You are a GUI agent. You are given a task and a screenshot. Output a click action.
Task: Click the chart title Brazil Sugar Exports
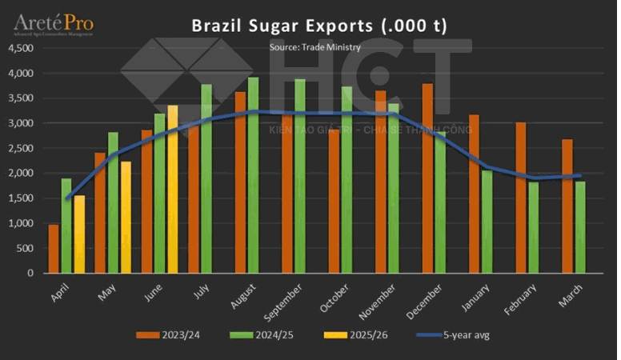[319, 26]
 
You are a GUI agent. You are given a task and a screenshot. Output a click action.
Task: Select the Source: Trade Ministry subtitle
[315, 47]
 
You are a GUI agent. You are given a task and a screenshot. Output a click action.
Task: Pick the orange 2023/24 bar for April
[54, 249]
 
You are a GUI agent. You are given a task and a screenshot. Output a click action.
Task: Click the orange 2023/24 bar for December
[427, 178]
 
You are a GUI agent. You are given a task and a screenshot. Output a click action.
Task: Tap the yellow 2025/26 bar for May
[126, 217]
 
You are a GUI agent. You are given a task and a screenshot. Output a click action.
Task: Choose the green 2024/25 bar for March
[580, 227]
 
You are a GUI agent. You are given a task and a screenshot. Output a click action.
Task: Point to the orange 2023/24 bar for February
[521, 198]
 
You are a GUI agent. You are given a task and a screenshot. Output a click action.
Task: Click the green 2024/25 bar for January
[487, 222]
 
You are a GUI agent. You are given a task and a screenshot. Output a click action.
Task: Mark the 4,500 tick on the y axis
[21, 48]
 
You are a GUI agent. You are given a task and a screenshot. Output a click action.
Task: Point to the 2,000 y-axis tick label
[21, 173]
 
